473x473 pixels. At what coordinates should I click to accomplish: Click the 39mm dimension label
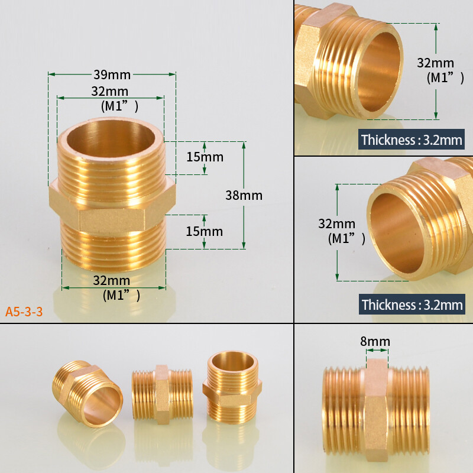point(112,74)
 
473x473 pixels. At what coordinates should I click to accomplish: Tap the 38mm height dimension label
point(244,195)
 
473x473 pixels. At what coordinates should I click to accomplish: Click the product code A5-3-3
point(24,312)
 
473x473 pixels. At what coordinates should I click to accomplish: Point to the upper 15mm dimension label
point(205,157)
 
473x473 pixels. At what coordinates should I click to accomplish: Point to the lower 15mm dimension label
point(205,231)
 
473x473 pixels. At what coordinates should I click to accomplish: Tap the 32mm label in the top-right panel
point(436,63)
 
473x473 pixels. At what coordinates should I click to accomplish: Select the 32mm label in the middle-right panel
point(337,224)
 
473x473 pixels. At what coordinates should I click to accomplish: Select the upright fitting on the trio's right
point(232,387)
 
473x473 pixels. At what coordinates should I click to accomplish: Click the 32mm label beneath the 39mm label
point(110,92)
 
